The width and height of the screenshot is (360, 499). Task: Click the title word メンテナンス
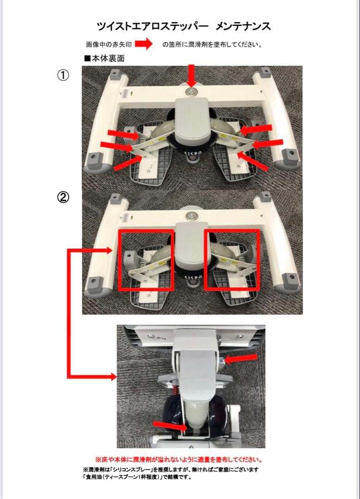(x=243, y=26)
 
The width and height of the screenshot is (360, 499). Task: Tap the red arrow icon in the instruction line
(x=144, y=44)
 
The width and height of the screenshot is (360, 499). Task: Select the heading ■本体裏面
(x=104, y=58)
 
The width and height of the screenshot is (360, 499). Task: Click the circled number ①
(x=63, y=75)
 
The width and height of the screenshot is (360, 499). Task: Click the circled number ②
(x=63, y=198)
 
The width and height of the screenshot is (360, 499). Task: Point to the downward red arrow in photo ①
(x=191, y=75)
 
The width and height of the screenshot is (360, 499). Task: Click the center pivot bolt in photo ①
(x=191, y=92)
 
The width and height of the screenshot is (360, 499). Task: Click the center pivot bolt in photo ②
(x=191, y=215)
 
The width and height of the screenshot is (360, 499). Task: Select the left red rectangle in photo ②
(x=119, y=259)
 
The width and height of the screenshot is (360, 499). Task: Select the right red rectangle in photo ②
(x=205, y=259)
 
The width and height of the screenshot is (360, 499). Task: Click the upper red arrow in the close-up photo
(x=241, y=359)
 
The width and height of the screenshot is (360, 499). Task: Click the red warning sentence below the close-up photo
(x=179, y=460)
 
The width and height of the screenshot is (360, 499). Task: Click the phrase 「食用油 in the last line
(x=93, y=477)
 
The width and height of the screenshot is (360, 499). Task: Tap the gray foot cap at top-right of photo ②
(x=265, y=196)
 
